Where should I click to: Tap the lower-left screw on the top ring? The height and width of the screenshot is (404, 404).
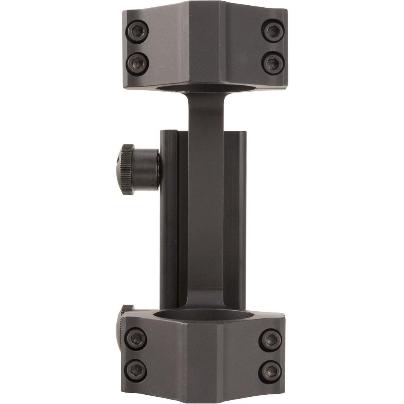click(137, 63)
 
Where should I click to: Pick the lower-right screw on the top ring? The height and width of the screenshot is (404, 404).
click(272, 63)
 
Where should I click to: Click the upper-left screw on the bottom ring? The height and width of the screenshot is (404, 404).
click(136, 339)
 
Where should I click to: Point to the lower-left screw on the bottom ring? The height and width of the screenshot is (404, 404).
click(136, 370)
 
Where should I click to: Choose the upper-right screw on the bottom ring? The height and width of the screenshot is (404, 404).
click(270, 339)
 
